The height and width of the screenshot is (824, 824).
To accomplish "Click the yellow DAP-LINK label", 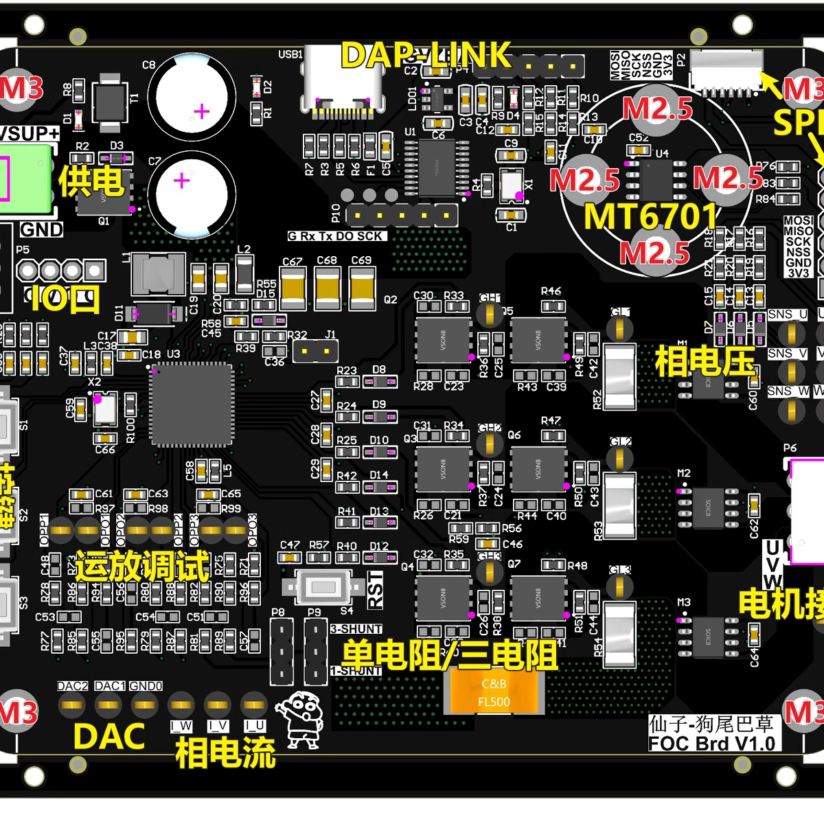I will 426,55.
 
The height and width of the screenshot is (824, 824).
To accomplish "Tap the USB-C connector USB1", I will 343,79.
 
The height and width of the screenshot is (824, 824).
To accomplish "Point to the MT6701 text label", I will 650,216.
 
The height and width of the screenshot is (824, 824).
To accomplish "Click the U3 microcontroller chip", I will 192,404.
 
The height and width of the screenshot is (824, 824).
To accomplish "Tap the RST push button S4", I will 323,587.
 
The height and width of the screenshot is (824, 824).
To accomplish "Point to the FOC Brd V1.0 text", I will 711,744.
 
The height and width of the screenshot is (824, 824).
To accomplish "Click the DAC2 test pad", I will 71,703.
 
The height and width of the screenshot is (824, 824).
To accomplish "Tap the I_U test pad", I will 254,704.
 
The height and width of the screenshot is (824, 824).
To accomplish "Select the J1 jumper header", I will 316,352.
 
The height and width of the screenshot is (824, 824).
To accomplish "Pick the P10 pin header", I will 402,215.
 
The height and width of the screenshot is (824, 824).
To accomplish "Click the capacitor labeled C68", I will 328,287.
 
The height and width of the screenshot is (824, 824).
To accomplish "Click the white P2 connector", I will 726,69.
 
